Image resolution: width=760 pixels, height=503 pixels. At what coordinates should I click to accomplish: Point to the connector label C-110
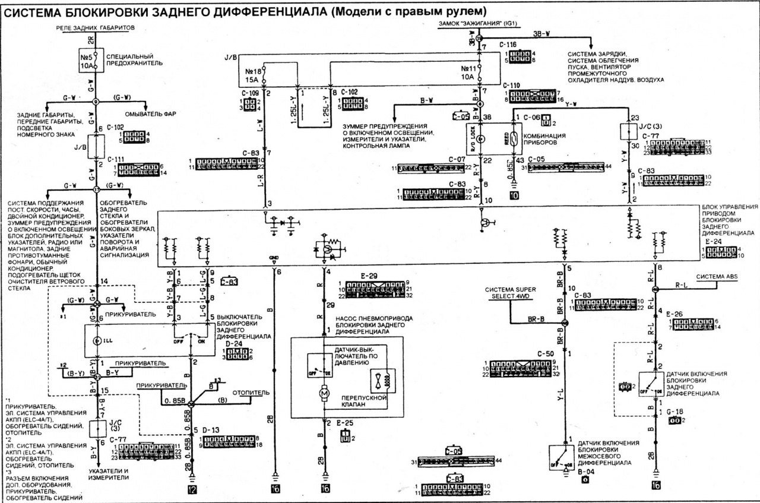pos(511,86)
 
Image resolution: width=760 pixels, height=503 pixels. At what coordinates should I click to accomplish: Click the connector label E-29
pos(369,277)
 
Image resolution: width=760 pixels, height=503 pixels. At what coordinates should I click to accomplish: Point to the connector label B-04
pos(586,470)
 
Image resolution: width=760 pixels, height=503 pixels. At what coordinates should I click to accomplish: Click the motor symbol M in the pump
pos(324,393)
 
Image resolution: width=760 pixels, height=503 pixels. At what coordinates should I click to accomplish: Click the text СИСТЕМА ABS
pos(717,276)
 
